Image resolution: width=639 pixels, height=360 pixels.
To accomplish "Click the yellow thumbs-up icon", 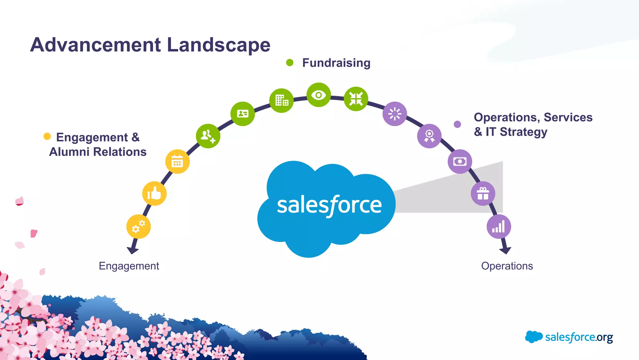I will [x=154, y=194].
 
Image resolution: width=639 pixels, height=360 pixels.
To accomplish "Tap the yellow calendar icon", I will [x=177, y=162].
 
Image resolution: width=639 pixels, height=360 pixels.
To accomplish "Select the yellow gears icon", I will [x=138, y=227].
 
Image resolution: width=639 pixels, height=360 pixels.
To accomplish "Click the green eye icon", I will [x=319, y=95].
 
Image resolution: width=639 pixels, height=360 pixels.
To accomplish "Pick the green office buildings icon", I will [x=281, y=101].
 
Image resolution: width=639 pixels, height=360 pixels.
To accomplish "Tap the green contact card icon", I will [x=242, y=114].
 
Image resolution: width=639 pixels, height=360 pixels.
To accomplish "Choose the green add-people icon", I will [x=208, y=136].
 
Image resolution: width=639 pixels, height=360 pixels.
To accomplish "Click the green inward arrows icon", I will [x=356, y=99].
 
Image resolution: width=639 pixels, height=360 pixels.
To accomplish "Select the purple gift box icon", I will [x=483, y=194].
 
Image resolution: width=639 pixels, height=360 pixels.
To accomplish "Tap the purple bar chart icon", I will [x=499, y=227].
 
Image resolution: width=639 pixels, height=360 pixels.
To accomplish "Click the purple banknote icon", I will [x=460, y=161].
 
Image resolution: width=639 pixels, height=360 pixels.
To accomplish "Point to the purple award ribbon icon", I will [x=429, y=136].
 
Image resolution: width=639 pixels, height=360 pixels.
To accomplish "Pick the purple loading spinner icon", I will [x=394, y=114].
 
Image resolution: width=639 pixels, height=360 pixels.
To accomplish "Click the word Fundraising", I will [x=336, y=63].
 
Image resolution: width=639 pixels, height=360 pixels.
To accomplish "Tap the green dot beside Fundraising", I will [x=290, y=63].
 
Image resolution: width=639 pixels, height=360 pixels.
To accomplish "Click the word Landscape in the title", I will [x=218, y=45].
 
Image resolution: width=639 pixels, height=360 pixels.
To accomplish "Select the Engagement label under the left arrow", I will [x=129, y=266].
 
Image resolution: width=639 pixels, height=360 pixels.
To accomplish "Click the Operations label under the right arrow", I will [x=507, y=266].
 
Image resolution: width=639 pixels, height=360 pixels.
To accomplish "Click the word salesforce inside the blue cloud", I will [x=329, y=205].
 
